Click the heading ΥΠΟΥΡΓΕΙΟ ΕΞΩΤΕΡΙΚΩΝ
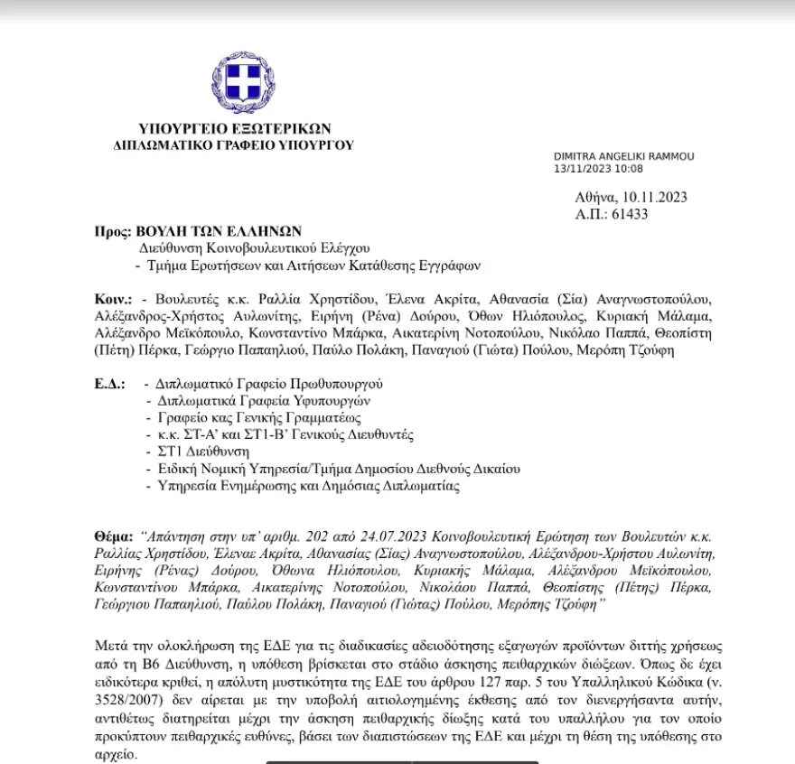pos(235,128)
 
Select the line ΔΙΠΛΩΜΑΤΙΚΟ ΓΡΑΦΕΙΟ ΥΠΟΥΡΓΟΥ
pos(234,144)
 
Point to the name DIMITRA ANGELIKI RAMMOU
pos(624,156)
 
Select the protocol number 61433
pos(630,214)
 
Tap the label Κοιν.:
pos(114,298)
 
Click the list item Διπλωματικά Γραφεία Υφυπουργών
pos(264,400)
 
